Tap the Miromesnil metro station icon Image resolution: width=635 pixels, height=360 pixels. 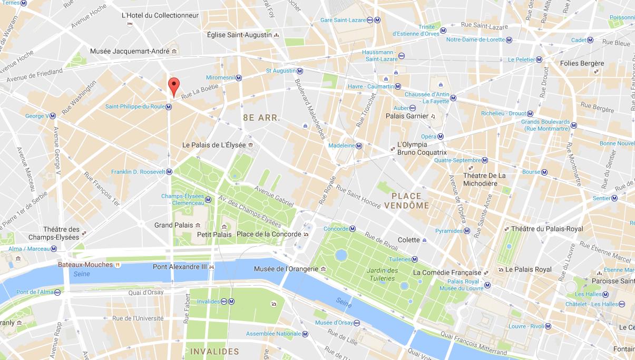point(238,77)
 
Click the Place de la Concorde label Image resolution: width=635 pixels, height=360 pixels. point(269,234)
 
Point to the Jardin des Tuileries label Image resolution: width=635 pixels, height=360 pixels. point(381,275)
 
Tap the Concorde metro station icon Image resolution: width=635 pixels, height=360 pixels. point(353,229)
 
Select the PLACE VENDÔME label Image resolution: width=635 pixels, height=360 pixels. point(406,201)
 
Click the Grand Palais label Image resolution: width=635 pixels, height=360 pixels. point(173,226)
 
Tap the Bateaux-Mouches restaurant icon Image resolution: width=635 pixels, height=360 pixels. point(118,265)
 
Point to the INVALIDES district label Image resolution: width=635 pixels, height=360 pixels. point(214,352)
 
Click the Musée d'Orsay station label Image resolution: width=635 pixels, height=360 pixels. point(334,323)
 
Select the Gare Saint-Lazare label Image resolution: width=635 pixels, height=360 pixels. point(343,20)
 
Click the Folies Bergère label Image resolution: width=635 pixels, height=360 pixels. point(568,64)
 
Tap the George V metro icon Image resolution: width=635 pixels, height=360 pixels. point(53,116)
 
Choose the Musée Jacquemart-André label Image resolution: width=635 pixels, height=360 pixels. point(130,51)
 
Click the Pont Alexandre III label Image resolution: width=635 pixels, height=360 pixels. point(180,267)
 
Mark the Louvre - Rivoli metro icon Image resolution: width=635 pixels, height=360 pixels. point(548,326)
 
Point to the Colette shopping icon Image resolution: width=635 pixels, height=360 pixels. point(424,240)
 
